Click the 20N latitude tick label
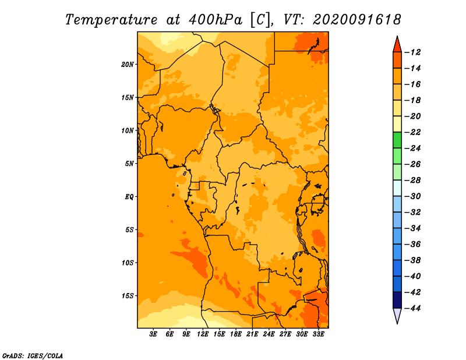click(x=127, y=65)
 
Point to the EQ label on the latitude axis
click(x=129, y=197)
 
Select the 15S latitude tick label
click(x=128, y=296)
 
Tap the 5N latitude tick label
click(x=129, y=164)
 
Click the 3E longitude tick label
click(x=153, y=334)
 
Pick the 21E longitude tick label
click(x=252, y=334)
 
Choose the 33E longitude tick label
click(x=318, y=334)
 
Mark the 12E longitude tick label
click(x=202, y=334)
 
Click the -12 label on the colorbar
click(x=413, y=52)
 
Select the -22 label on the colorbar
click(x=413, y=132)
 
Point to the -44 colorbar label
click(x=413, y=308)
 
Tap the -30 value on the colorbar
click(x=413, y=196)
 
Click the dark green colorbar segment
click(x=397, y=140)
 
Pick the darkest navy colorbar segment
click(x=397, y=300)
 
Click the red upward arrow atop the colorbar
click(x=397, y=45)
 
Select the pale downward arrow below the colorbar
click(x=397, y=316)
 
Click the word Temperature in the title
click(x=111, y=20)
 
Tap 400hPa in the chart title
click(x=215, y=20)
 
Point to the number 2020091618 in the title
click(x=357, y=20)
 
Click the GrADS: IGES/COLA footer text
click(x=33, y=356)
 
